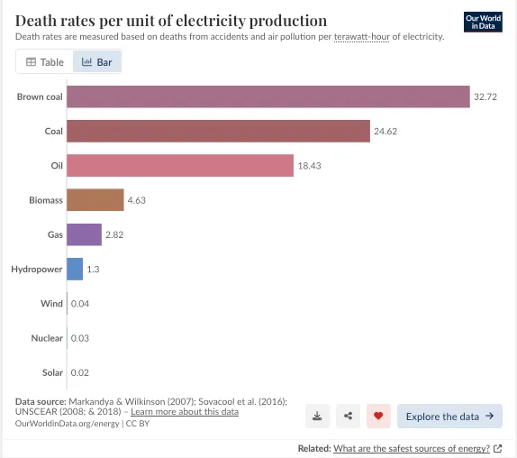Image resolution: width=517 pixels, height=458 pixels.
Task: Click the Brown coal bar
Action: tap(268, 96)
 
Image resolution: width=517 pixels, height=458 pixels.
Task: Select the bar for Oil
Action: tap(180, 165)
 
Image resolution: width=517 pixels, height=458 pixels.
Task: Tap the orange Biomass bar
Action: tap(95, 199)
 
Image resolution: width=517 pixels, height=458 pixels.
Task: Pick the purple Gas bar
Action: tap(84, 234)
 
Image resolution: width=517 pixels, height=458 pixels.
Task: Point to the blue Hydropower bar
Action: tap(75, 269)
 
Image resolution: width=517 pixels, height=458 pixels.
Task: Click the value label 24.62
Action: tap(385, 132)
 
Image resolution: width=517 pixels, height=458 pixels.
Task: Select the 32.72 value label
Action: tap(485, 96)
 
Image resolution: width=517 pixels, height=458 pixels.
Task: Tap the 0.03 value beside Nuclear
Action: tap(80, 338)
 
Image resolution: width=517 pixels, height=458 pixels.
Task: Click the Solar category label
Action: tap(52, 372)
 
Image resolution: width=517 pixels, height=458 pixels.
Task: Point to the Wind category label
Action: tap(51, 304)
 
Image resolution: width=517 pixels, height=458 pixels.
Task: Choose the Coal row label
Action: tap(54, 132)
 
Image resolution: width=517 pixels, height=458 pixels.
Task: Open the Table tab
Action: tap(44, 61)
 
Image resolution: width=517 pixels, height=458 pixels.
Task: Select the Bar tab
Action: tap(97, 61)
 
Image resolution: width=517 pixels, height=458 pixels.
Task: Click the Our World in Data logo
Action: tap(483, 23)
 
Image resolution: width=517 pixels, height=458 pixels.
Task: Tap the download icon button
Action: tap(317, 416)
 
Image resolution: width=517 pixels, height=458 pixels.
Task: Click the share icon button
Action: tap(348, 416)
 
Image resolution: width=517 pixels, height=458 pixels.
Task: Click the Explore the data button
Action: tap(449, 417)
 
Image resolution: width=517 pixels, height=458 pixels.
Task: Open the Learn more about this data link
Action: tap(185, 412)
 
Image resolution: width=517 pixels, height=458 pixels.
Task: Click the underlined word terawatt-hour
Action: tap(362, 37)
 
